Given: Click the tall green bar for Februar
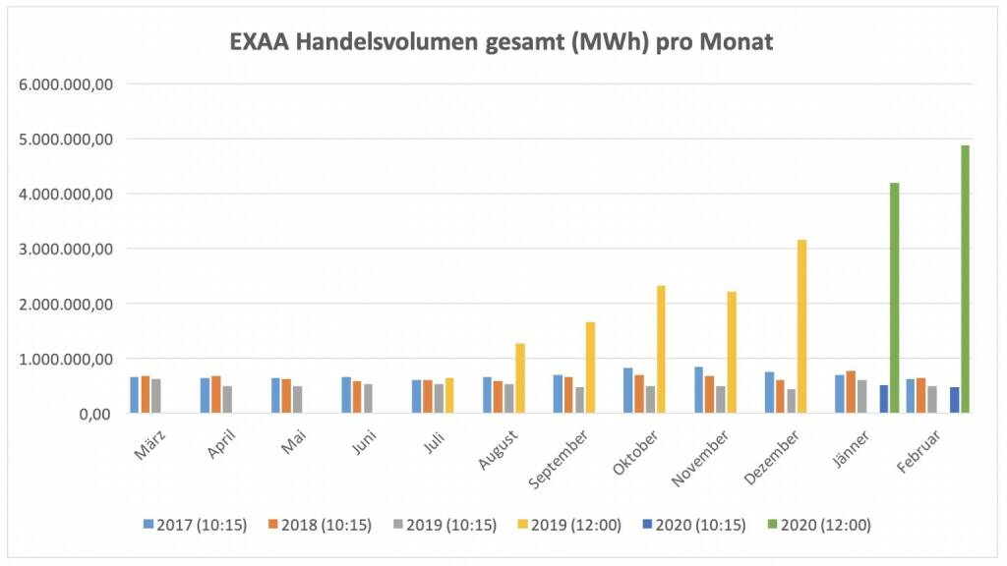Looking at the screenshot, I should [966, 280].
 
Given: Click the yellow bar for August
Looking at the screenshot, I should [520, 378].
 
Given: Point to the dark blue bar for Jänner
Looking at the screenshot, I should [884, 399].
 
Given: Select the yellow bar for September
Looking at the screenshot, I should [590, 368].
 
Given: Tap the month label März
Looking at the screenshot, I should [148, 447].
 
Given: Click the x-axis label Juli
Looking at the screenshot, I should [433, 446].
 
